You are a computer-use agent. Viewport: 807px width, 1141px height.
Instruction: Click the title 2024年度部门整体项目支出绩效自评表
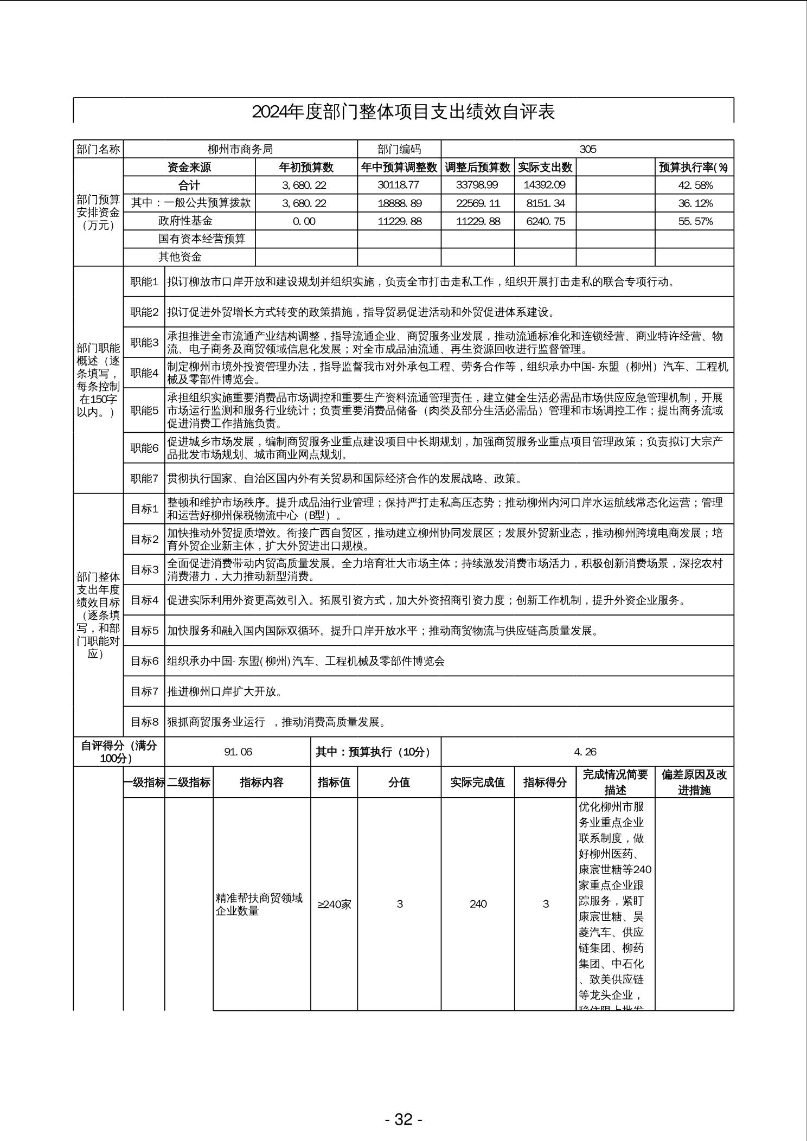coord(403,112)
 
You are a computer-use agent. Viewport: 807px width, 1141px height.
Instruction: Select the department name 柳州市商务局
coord(240,149)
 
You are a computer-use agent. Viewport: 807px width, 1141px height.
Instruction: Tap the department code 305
coord(587,149)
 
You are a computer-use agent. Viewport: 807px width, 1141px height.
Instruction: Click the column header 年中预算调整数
coord(399,168)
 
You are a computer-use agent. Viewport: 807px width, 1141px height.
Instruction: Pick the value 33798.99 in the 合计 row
coord(477,185)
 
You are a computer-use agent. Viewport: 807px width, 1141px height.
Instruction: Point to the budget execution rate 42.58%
coord(695,185)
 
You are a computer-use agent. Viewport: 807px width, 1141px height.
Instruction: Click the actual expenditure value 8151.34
coord(545,203)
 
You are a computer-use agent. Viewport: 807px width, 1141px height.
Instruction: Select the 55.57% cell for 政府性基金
coord(695,221)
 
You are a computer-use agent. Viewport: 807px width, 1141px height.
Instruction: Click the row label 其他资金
coord(180,257)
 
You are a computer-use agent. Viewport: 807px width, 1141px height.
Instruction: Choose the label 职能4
coord(144,373)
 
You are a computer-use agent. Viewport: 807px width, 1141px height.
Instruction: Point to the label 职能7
coord(144,478)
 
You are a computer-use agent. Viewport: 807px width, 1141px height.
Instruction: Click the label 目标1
coord(144,509)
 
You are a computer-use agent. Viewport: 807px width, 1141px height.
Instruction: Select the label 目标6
coord(144,661)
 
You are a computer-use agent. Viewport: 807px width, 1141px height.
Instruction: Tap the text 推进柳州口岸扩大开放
coord(225,691)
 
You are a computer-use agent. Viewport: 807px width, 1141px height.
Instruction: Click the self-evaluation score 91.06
coord(238,752)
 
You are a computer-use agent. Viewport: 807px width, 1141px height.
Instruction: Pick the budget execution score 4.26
coord(585,752)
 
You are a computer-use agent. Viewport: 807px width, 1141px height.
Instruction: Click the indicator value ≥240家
coord(334,904)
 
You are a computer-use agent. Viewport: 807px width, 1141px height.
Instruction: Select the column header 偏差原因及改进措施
coord(694,782)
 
